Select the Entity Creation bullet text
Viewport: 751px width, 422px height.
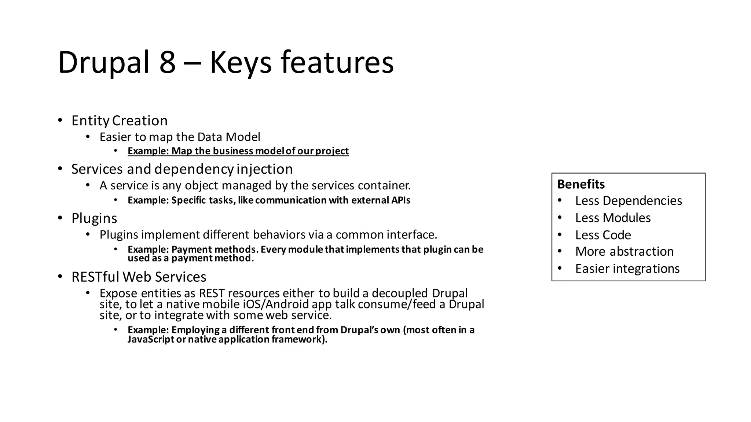click(120, 121)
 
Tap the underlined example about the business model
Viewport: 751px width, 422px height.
click(238, 151)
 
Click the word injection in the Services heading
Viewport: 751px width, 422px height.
click(264, 169)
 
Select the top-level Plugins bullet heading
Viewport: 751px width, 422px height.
click(94, 218)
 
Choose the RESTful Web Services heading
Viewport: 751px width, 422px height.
click(139, 277)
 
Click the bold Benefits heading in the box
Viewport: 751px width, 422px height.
click(581, 184)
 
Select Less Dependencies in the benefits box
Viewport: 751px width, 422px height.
click(628, 201)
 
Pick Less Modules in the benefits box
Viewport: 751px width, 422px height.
click(613, 218)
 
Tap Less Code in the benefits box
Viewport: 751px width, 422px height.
click(603, 235)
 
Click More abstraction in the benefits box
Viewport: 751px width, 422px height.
click(624, 252)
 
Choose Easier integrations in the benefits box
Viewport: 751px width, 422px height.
click(627, 269)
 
